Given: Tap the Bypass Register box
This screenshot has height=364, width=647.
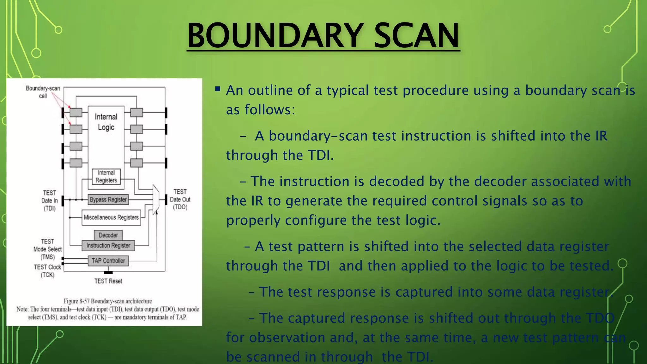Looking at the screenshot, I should click(108, 200).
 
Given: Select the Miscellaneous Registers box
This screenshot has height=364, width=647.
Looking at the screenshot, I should click(111, 217).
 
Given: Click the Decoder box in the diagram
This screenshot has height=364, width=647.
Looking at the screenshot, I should click(108, 235).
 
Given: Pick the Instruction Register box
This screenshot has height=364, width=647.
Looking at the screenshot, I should click(108, 246).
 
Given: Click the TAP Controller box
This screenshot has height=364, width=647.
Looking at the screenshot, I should click(108, 261).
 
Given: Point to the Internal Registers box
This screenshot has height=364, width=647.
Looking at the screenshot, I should click(106, 177).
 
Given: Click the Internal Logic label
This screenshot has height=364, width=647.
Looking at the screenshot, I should click(106, 122).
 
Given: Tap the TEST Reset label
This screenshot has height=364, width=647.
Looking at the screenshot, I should click(108, 281).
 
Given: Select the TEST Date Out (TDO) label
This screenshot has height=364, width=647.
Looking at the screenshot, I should click(180, 199).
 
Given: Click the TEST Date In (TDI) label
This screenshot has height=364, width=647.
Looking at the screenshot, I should click(49, 200).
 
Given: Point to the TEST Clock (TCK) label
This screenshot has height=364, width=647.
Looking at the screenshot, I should click(47, 271).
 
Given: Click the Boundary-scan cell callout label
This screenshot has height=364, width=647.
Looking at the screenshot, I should click(43, 92).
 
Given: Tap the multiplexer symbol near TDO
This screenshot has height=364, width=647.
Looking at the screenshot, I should click(156, 199).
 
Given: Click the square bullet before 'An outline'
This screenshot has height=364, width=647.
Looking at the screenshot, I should click(218, 89).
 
